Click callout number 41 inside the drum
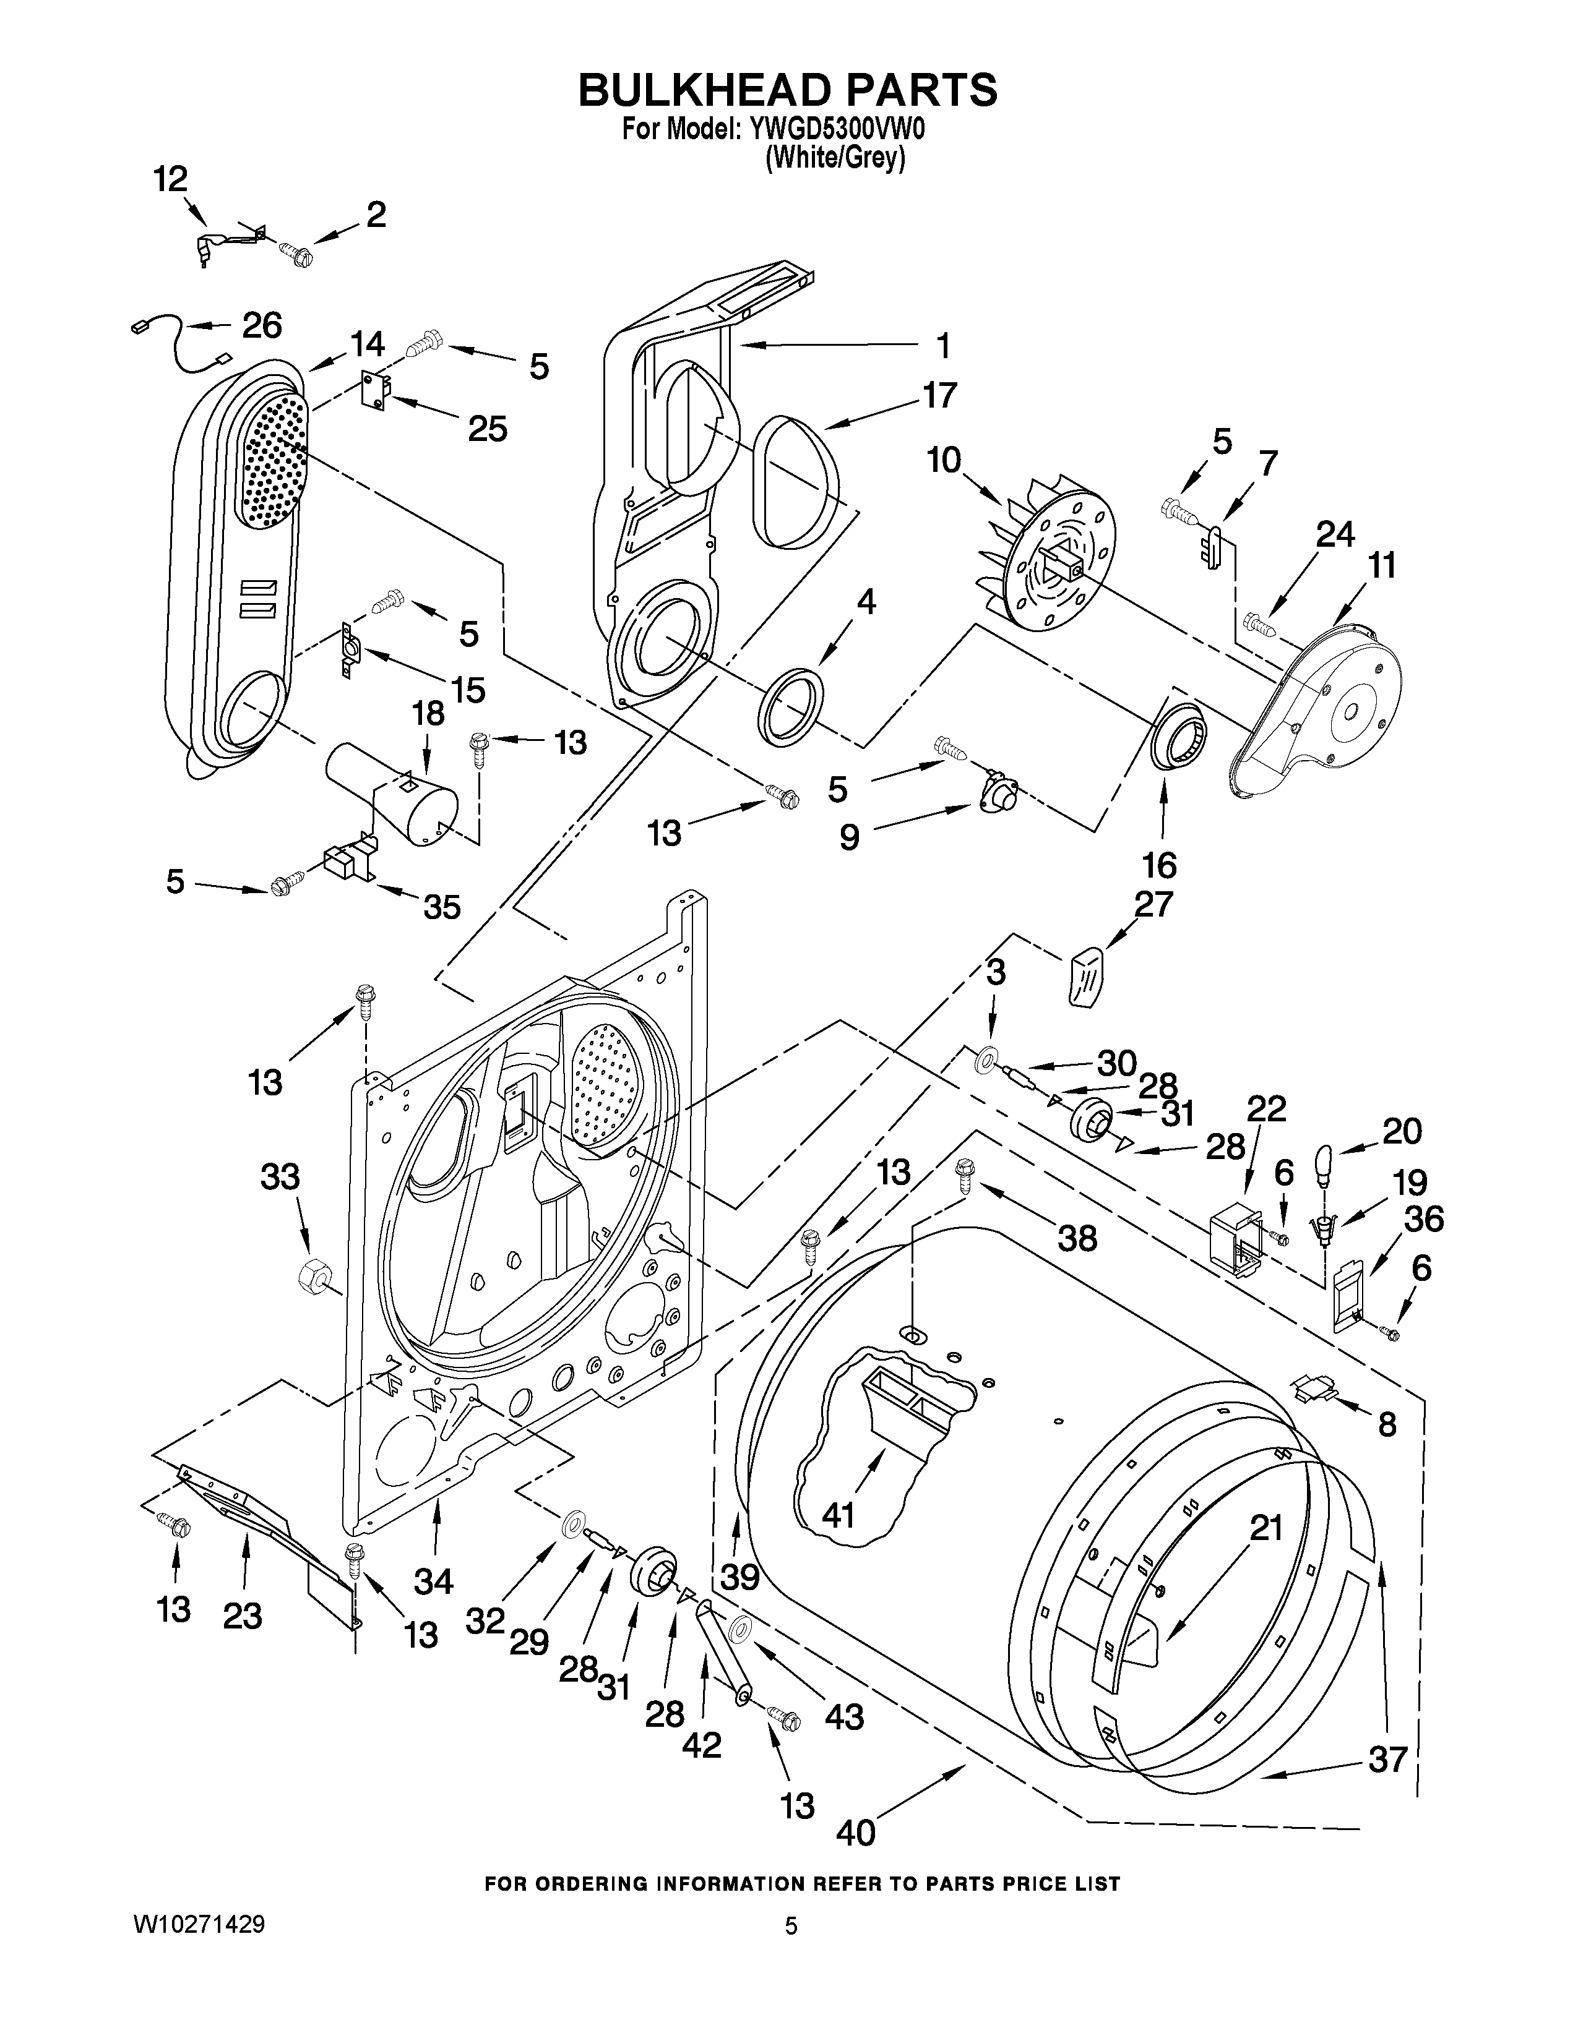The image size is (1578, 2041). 839,1515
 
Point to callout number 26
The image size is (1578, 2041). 262,325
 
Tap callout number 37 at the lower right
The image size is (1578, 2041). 1387,1760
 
